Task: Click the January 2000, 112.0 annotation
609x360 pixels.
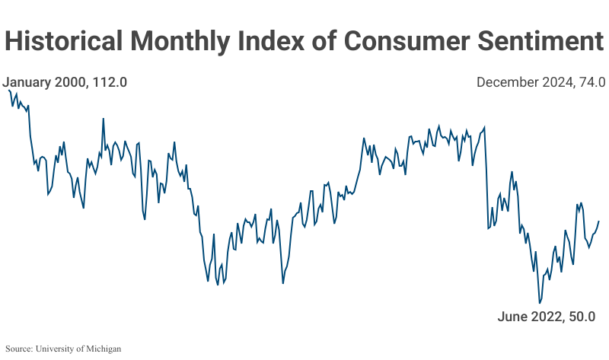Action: pos(64,82)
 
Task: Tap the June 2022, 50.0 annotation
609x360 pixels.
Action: pos(546,317)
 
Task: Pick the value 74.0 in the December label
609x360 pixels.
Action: pos(591,82)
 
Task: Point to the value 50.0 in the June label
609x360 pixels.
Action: pos(580,317)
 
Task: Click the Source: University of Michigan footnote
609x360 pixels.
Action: pos(62,349)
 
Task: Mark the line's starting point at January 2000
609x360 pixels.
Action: pos(8,90)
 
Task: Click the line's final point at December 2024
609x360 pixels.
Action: pos(599,221)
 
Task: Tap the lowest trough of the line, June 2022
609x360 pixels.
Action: pos(540,303)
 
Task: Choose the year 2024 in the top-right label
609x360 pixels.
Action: pos(555,82)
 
